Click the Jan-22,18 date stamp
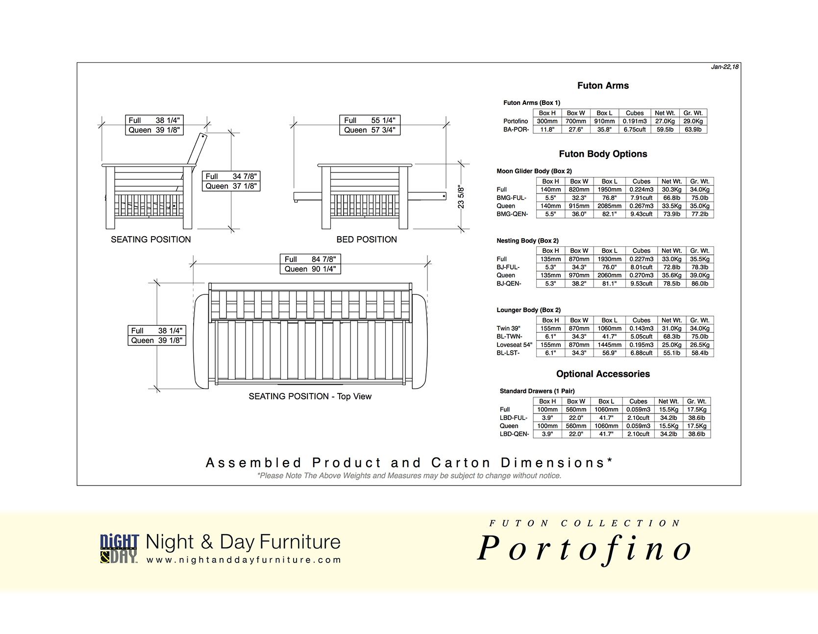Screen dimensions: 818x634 point(724,67)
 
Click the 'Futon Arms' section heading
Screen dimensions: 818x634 point(603,86)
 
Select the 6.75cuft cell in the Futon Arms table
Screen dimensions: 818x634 point(635,130)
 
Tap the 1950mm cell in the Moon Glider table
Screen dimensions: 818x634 point(609,190)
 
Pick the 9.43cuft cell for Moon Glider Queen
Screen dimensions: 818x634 point(641,214)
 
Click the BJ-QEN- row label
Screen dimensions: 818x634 point(509,284)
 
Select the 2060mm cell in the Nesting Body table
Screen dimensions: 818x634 point(609,275)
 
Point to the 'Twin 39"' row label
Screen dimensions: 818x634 point(508,328)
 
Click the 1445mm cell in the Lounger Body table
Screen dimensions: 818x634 point(609,345)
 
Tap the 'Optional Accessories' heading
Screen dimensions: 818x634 point(603,374)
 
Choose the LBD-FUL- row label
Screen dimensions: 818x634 point(514,418)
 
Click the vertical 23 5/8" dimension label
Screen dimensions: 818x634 point(461,197)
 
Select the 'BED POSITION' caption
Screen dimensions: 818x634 point(367,240)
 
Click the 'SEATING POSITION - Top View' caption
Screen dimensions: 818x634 point(310,396)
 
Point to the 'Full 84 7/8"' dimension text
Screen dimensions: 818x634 point(310,259)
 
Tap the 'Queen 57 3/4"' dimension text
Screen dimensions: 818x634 point(370,130)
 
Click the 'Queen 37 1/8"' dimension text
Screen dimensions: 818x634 point(231,186)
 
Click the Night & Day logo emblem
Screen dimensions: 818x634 point(120,549)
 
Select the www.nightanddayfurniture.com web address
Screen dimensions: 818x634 point(244,560)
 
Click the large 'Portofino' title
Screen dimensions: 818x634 point(584,548)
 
